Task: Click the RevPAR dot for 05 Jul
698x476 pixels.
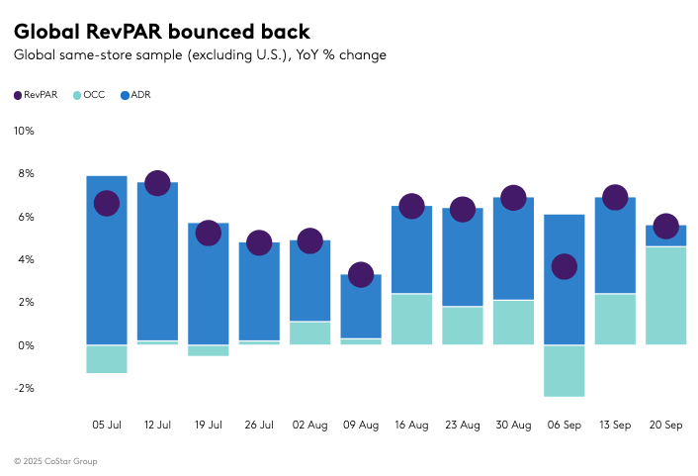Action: click(107, 203)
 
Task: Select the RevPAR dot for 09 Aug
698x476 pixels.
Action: click(361, 274)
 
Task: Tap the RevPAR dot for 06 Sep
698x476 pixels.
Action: click(564, 266)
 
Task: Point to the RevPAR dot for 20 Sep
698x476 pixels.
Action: click(665, 227)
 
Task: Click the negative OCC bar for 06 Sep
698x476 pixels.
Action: click(564, 371)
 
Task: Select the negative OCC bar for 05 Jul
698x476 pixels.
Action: click(107, 359)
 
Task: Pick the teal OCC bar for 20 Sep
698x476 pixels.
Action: click(665, 296)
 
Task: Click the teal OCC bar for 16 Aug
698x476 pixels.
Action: click(411, 319)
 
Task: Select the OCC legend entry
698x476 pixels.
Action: click(88, 95)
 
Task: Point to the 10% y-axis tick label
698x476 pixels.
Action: click(24, 131)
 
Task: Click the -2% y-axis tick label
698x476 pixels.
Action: click(24, 388)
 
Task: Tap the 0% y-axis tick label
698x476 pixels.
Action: click(26, 345)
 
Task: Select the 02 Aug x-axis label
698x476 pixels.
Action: click(309, 425)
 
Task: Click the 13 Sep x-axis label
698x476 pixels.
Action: click(614, 425)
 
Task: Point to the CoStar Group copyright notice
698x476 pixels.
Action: click(55, 461)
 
